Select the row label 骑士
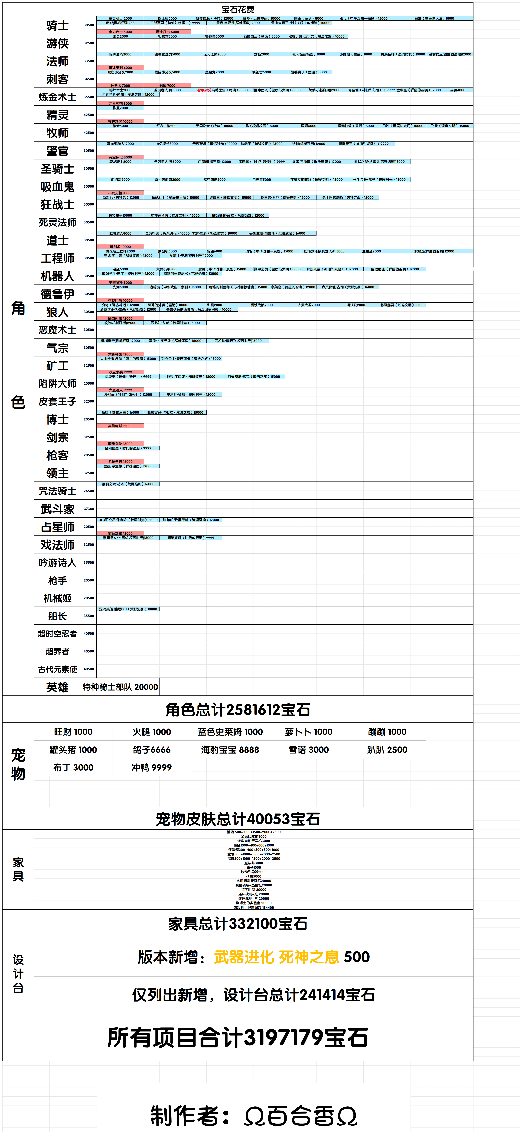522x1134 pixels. [57, 26]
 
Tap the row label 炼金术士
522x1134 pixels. [57, 97]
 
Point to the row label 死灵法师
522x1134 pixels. [57, 222]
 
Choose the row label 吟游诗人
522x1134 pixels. [57, 563]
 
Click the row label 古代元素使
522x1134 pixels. [57, 669]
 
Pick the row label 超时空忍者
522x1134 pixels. [57, 633]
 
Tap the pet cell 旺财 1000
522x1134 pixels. [73, 732]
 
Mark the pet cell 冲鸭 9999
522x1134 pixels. [152, 767]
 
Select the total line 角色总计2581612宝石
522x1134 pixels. [238, 710]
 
